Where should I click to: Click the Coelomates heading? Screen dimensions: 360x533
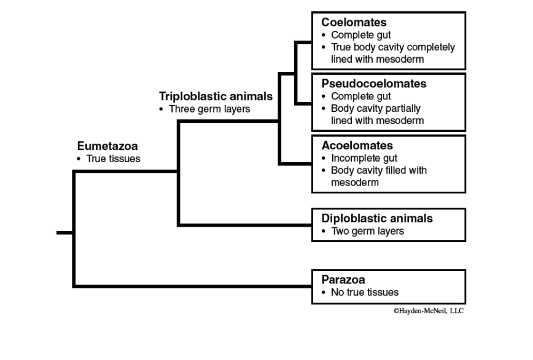[354, 23]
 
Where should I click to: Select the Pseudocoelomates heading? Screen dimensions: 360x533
[373, 84]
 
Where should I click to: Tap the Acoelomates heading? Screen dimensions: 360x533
[357, 146]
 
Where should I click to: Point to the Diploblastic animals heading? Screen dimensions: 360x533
[377, 218]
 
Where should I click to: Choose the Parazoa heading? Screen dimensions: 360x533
[343, 280]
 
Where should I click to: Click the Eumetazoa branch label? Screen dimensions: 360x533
[107, 146]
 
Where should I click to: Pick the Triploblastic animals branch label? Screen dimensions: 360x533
[216, 96]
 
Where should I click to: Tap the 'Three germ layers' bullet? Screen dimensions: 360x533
[209, 109]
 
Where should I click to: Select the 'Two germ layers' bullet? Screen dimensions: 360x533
[367, 232]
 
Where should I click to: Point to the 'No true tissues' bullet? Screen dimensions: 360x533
[364, 292]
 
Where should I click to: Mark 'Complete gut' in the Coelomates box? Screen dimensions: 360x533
[360, 35]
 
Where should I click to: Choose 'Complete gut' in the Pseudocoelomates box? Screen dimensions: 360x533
[360, 96]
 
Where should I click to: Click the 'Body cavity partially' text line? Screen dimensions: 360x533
[375, 109]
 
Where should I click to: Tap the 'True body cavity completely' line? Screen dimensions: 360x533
[393, 47]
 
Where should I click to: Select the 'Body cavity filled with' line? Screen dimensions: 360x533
[378, 170]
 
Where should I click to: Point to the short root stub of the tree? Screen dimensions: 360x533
[64, 233]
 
